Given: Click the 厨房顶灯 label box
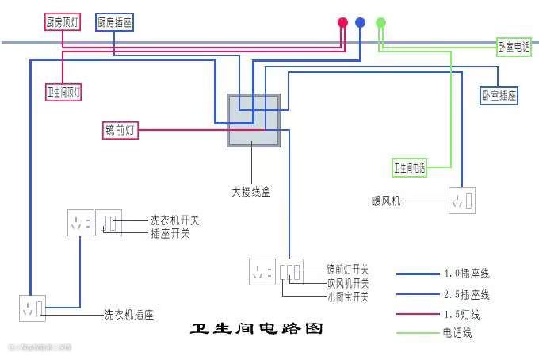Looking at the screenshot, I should point(63,22).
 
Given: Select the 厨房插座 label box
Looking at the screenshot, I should point(114,22).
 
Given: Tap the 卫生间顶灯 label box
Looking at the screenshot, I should point(63,92).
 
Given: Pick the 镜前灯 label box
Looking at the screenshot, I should point(120,131).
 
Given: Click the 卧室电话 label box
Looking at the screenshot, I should point(514,47).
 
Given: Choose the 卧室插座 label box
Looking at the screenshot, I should point(499,96).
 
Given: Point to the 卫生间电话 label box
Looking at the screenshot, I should point(409,167).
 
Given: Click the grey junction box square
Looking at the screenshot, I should point(254,121).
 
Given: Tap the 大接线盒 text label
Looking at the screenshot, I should point(250,192).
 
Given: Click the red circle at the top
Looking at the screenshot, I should point(342,22).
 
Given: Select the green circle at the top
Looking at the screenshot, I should point(380,22).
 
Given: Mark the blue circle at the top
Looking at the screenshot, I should point(361,22).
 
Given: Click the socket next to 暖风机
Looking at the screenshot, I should point(461,200).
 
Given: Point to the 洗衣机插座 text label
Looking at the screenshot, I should point(128,315).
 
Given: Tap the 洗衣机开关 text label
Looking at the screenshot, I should point(174,220).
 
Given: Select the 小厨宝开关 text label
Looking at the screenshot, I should point(348,297).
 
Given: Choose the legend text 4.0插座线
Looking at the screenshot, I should point(466,274).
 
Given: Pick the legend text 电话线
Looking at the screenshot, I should point(457,333).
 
